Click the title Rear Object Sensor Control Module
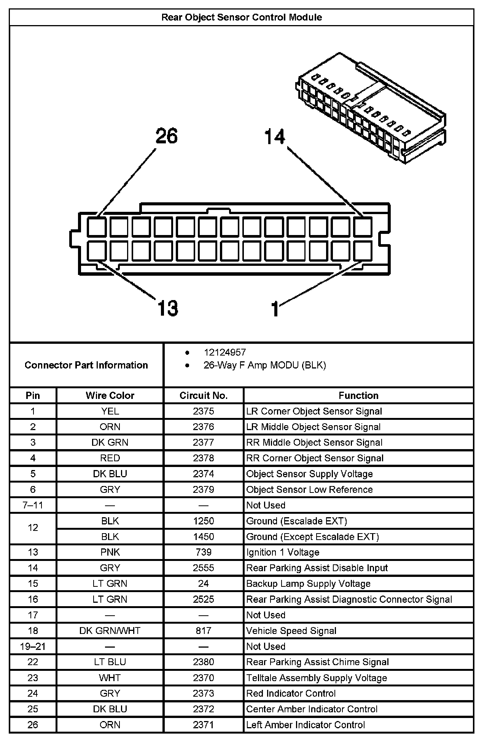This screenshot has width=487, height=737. click(242, 17)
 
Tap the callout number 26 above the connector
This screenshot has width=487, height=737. click(167, 136)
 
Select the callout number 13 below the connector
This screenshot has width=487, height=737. click(167, 308)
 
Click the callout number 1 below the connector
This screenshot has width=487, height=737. click(275, 309)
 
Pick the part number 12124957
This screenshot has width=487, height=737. click(225, 352)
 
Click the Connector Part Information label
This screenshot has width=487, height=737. click(86, 365)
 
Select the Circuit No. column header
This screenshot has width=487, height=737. click(203, 396)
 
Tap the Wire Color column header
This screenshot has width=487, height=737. click(110, 396)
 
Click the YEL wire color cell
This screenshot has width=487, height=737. click(110, 411)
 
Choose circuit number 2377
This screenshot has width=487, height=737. click(203, 442)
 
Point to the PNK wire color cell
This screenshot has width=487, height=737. click(110, 552)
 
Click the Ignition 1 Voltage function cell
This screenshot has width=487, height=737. click(283, 552)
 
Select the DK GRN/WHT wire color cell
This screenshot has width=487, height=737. click(110, 631)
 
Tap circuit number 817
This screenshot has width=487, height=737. click(203, 631)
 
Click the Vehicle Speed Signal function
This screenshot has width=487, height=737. click(291, 631)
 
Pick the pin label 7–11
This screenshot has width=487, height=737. click(33, 505)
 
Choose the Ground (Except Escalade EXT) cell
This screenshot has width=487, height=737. click(312, 537)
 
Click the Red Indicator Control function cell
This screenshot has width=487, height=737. click(291, 693)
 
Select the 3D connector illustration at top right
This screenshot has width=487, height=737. click(371, 108)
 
